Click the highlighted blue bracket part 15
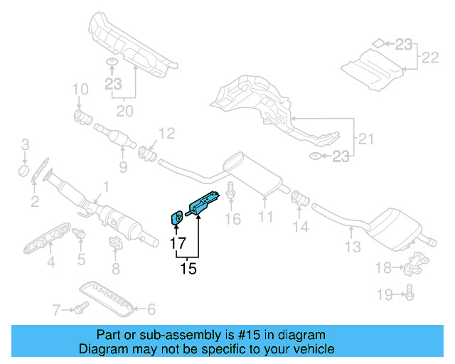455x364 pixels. [x=206, y=203]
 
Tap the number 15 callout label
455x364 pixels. [x=188, y=269]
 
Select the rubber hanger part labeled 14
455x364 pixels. [x=299, y=197]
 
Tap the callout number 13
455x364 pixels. [x=353, y=247]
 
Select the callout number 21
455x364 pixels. [x=365, y=139]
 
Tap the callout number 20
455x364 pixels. [x=124, y=110]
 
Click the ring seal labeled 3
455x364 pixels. [x=24, y=171]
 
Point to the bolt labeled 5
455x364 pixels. [x=80, y=233]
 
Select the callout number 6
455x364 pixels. [x=150, y=309]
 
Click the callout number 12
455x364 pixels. [x=166, y=133]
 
